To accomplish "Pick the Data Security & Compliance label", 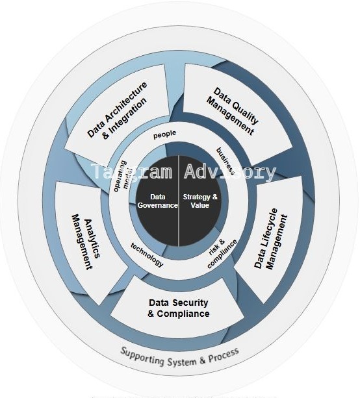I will pyautogui.click(x=179, y=308).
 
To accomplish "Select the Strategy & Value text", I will pyautogui.click(x=201, y=201).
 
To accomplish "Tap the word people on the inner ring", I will pyautogui.click(x=165, y=135).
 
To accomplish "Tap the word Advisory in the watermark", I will pyautogui.click(x=231, y=172).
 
